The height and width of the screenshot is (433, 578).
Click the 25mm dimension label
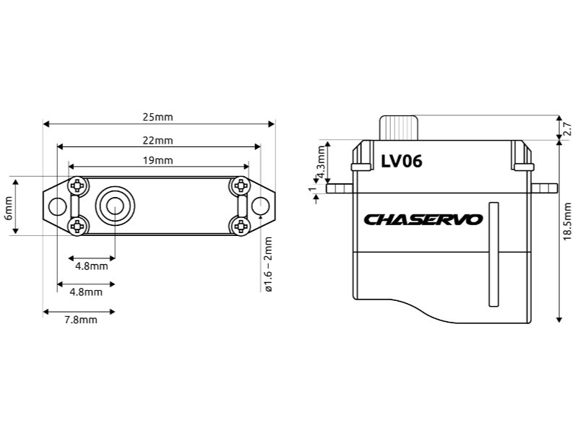(158, 117)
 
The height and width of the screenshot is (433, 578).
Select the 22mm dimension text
(158, 141)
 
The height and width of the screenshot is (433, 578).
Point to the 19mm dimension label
(158, 160)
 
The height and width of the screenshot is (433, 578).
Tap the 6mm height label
(8, 208)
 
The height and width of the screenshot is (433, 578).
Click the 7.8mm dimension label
(81, 320)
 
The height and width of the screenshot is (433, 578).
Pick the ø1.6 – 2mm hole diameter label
(268, 264)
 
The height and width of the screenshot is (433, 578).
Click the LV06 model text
(402, 161)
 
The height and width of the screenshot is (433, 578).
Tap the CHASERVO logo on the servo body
(423, 220)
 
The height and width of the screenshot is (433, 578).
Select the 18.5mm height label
(568, 222)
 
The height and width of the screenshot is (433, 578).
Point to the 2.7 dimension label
(568, 129)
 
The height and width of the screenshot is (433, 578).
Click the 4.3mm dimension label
(321, 162)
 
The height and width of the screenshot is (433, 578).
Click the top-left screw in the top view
(77, 186)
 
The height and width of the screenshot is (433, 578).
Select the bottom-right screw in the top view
(241, 226)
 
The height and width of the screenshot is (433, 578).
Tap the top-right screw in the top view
(241, 186)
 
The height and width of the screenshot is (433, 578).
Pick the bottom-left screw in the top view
(77, 226)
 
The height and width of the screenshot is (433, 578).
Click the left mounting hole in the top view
(58, 206)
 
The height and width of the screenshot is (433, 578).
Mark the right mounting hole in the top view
(261, 206)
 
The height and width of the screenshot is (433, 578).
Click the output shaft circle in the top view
(115, 206)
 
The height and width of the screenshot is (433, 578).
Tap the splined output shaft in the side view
(399, 128)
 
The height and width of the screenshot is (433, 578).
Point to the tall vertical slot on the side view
(494, 254)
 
